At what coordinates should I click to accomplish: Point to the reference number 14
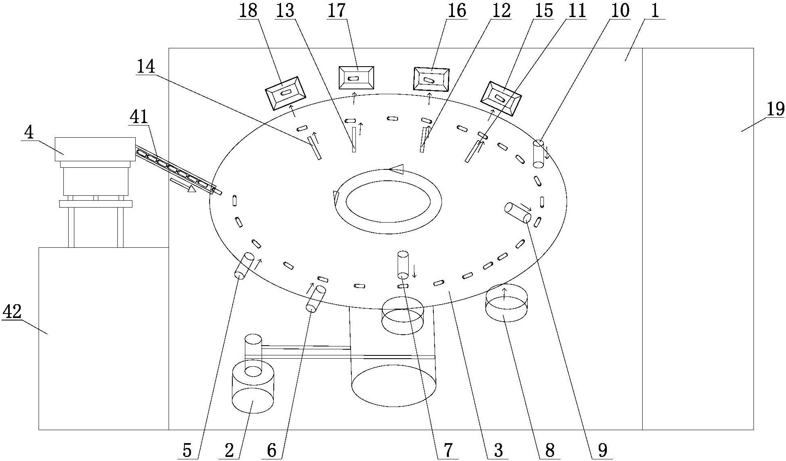pos(146,67)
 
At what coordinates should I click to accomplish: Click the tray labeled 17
pos(356,78)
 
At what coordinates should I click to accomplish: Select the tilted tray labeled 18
pos(285,93)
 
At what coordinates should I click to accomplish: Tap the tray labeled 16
pos(431,79)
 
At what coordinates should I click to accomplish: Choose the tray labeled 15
pos(501,98)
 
